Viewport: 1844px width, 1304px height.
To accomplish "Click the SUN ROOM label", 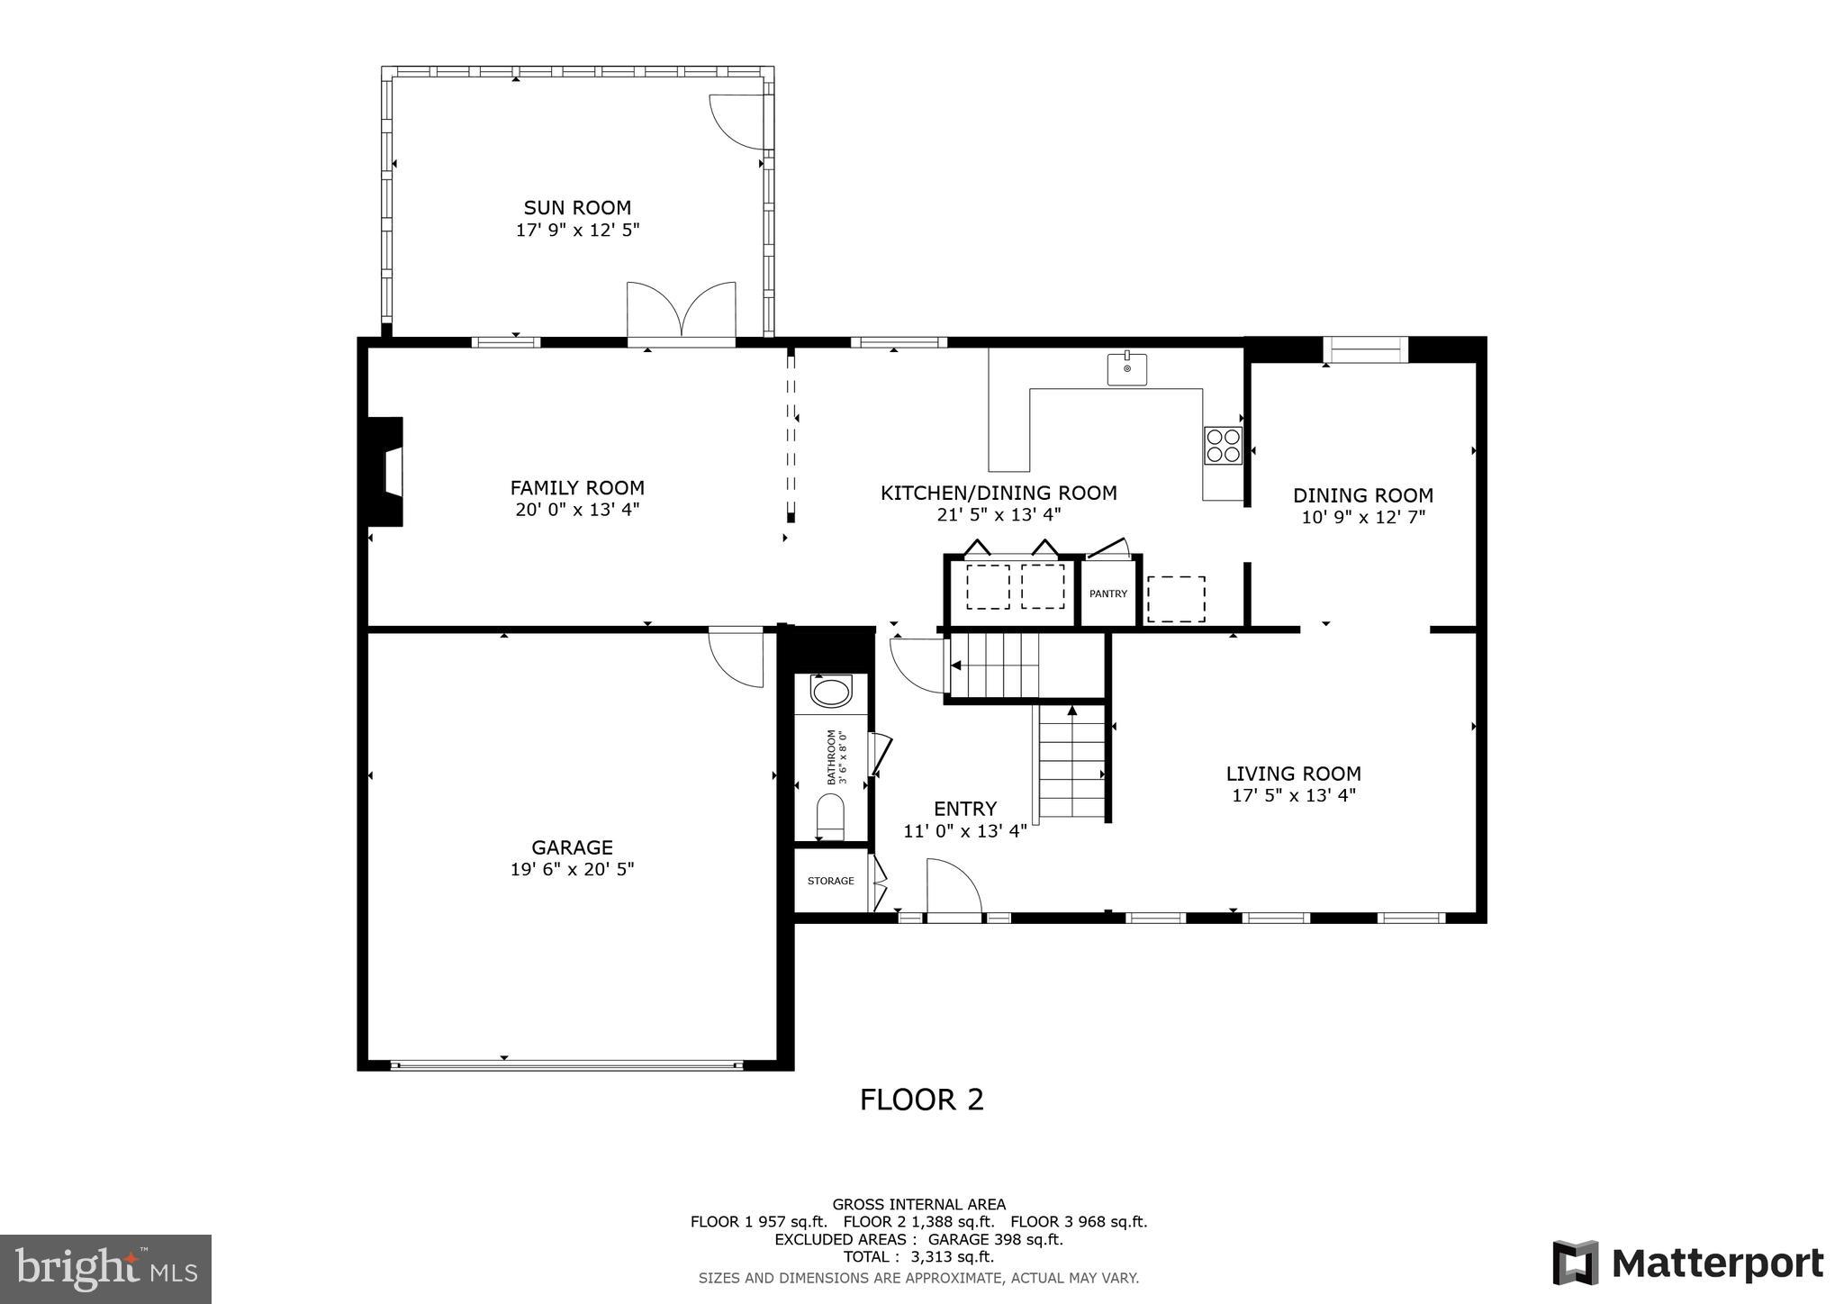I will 577,208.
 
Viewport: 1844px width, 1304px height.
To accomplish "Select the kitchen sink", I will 1126,369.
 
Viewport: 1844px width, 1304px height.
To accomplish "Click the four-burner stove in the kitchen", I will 1223,446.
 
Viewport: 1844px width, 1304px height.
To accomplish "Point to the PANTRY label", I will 1107,593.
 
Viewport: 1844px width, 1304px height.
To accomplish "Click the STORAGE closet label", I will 830,881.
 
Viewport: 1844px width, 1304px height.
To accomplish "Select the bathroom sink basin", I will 830,693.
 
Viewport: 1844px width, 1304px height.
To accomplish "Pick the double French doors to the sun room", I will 682,311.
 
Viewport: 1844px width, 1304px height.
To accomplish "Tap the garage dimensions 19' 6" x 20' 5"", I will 572,870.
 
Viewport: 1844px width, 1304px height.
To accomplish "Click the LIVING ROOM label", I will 1293,774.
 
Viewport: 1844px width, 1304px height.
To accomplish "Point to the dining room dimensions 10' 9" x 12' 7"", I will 1363,518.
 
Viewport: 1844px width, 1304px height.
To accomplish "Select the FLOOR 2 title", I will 921,1100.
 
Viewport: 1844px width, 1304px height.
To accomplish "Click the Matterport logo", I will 1687,1263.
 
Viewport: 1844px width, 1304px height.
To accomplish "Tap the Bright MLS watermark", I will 105,1269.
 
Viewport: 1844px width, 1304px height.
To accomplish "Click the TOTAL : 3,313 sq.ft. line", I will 918,1257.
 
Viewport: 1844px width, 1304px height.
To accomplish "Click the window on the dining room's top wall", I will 1365,349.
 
